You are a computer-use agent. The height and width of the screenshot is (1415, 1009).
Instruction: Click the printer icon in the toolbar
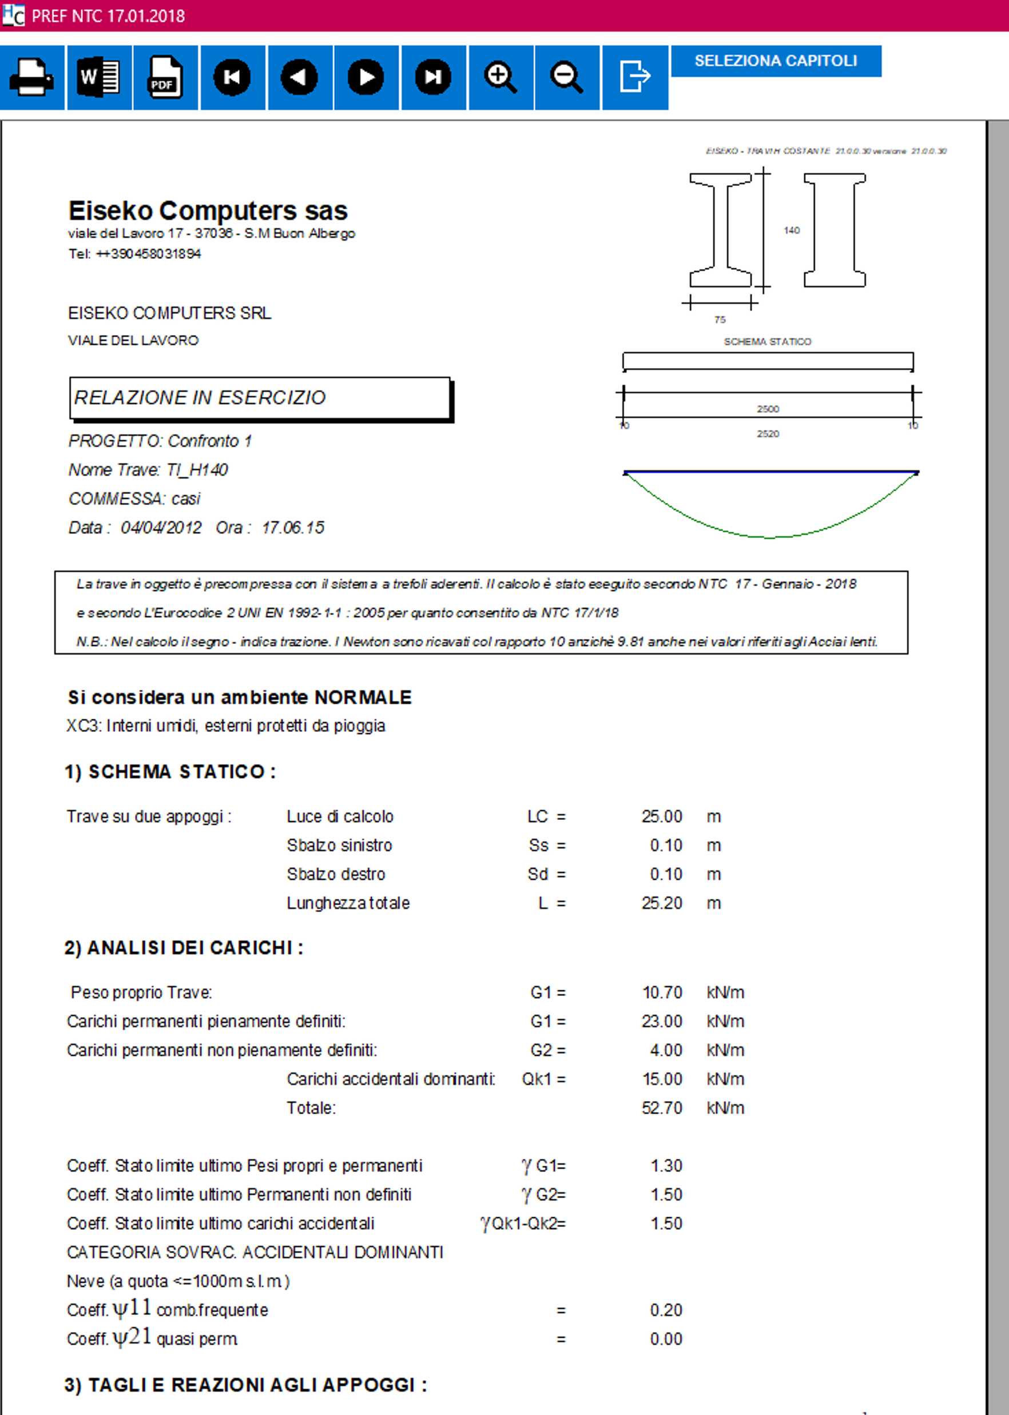[x=31, y=77]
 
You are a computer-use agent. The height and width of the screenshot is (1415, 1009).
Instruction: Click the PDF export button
[x=165, y=77]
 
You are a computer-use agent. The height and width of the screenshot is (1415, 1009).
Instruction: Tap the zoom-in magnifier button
[x=500, y=77]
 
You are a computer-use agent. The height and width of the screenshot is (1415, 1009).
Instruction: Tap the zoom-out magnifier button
[x=567, y=77]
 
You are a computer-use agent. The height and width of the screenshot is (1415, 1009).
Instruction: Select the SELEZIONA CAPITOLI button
[x=776, y=61]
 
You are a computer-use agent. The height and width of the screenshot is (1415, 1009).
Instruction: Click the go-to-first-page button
[x=232, y=77]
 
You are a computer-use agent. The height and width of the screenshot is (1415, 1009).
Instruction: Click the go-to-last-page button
[x=433, y=77]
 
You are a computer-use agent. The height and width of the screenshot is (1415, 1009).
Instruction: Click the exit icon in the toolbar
[x=634, y=77]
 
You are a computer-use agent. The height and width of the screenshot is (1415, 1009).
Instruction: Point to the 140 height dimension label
[x=791, y=230]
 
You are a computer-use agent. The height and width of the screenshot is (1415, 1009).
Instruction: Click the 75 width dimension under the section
[x=720, y=320]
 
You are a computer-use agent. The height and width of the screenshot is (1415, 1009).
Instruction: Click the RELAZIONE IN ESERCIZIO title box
[x=260, y=398]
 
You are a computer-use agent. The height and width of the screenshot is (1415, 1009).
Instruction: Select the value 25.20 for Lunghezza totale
[x=662, y=903]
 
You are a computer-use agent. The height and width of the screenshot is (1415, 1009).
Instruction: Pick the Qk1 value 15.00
[x=662, y=1079]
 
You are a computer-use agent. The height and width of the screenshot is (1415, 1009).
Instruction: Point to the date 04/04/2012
[x=161, y=528]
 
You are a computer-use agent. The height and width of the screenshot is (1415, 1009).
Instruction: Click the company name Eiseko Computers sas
[x=208, y=210]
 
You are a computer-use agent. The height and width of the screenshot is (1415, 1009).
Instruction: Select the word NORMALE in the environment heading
[x=363, y=697]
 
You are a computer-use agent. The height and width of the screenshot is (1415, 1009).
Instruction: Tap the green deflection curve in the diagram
[x=770, y=536]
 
